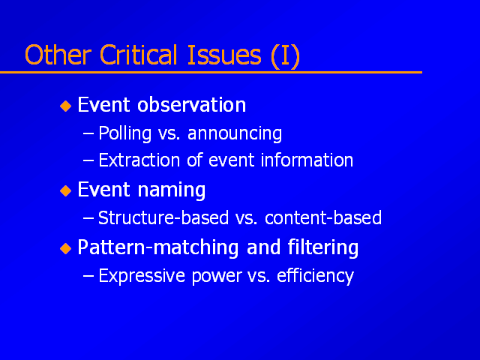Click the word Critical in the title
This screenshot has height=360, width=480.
139,55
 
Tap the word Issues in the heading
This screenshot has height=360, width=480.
224,55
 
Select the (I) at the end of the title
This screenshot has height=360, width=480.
285,55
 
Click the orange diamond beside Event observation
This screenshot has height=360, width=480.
65,106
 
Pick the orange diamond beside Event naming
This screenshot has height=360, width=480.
65,190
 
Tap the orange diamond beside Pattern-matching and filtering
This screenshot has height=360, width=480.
65,248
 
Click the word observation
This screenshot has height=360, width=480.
192,105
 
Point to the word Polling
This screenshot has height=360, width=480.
125,133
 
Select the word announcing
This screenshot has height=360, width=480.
235,134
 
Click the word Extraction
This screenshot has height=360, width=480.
139,160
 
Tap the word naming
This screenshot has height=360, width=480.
172,190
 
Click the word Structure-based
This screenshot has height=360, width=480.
163,217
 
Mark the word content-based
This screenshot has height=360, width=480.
323,217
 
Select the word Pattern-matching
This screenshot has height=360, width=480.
158,247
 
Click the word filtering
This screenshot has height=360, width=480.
323,247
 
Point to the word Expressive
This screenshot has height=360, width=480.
142,276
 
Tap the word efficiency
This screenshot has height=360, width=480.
315,276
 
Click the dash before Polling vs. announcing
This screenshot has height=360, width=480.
88,134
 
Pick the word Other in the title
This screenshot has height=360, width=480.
58,55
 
